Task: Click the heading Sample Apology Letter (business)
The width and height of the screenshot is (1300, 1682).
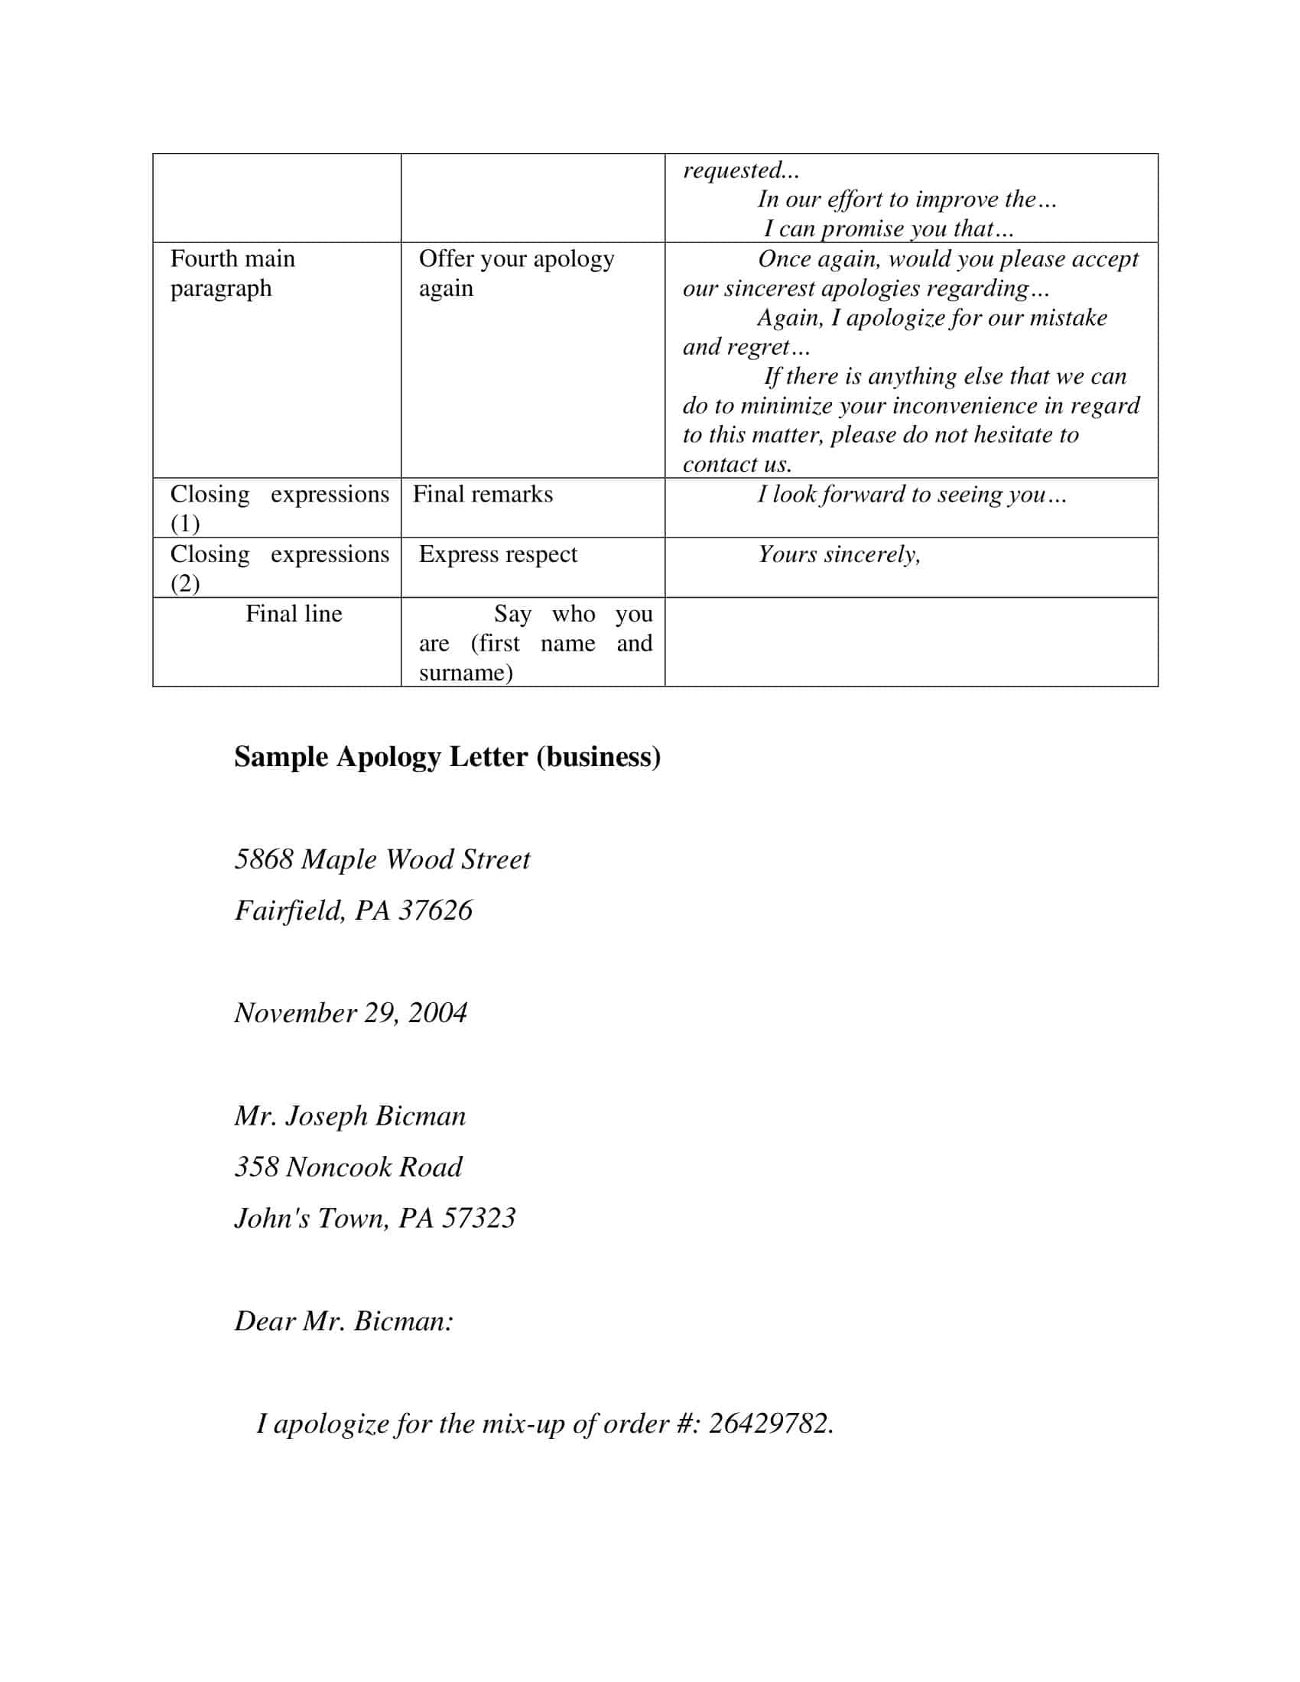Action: [x=447, y=757]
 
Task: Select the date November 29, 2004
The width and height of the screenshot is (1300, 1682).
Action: [x=350, y=1013]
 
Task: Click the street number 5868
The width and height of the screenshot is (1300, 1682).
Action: [x=263, y=859]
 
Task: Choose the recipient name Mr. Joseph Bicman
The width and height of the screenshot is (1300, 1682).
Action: [x=350, y=1116]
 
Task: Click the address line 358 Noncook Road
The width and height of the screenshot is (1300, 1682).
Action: [x=348, y=1167]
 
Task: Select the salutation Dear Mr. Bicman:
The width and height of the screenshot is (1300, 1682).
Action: [x=343, y=1321]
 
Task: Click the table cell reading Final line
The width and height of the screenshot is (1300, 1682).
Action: [x=294, y=614]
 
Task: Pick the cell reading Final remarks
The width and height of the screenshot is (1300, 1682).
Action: [x=483, y=495]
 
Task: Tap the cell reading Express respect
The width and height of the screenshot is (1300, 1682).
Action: [x=498, y=554]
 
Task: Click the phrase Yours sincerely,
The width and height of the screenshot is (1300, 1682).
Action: [x=839, y=554]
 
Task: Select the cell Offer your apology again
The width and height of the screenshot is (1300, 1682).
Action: [x=516, y=274]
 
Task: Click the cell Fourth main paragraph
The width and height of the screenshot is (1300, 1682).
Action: [x=232, y=274]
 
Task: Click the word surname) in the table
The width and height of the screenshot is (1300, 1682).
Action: [x=465, y=673]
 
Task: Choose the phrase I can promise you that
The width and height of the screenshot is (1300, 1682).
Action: [x=888, y=229]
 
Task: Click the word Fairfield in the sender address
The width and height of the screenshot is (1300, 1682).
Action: [x=289, y=911]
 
